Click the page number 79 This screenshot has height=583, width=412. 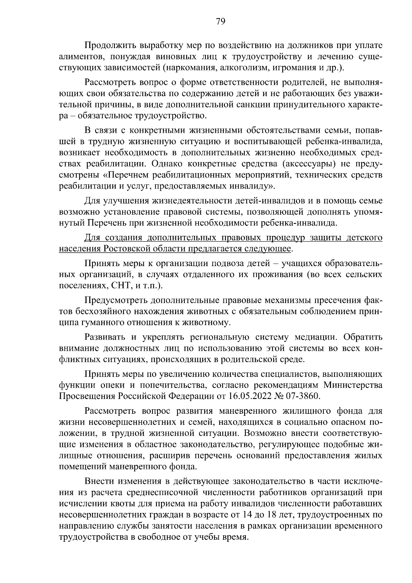pos(220,22)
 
